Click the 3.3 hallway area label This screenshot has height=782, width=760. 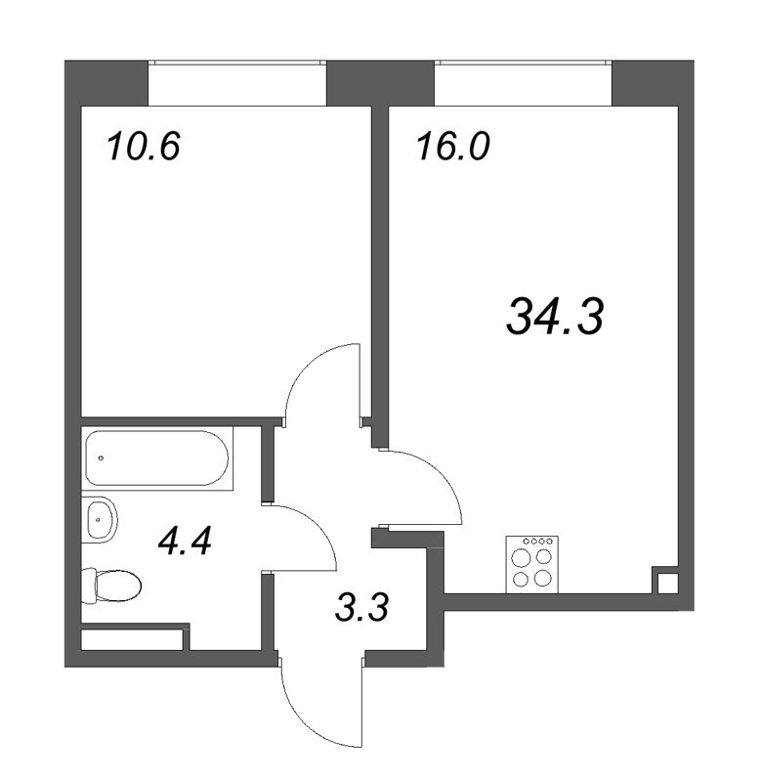click(360, 611)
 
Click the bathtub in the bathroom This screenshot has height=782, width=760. click(158, 458)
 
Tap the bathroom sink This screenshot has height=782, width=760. click(99, 518)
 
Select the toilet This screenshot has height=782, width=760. click(113, 587)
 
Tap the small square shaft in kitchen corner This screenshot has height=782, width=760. click(666, 583)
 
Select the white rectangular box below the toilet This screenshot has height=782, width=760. click(133, 641)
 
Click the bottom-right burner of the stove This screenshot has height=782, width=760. click(541, 577)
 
